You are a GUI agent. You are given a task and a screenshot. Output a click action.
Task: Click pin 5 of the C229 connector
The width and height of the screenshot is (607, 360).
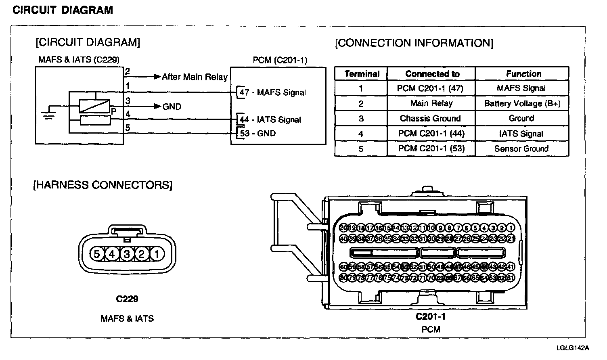pyautogui.click(x=96, y=254)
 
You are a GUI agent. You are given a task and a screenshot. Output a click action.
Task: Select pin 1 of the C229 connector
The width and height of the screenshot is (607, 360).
pyautogui.click(x=157, y=254)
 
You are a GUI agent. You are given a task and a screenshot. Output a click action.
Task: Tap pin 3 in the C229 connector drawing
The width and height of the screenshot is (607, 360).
pyautogui.click(x=126, y=254)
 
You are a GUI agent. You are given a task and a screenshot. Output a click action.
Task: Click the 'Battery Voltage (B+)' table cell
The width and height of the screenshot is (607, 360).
pyautogui.click(x=522, y=103)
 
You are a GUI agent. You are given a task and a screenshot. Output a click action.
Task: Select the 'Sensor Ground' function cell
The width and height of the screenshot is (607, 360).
pyautogui.click(x=521, y=149)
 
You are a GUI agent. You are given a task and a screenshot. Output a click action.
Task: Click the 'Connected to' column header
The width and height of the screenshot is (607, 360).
pyautogui.click(x=432, y=74)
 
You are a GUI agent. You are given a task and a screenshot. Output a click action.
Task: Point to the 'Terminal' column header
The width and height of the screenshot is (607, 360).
pyautogui.click(x=362, y=74)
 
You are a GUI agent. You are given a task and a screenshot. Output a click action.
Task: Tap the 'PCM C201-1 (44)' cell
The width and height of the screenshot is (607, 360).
pyautogui.click(x=431, y=134)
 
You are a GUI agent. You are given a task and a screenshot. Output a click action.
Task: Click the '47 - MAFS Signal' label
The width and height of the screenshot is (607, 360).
pyautogui.click(x=273, y=92)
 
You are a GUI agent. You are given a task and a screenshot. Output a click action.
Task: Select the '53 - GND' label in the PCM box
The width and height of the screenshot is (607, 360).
pyautogui.click(x=258, y=133)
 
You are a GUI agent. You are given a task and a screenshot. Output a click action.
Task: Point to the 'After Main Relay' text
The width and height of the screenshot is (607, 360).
pyautogui.click(x=195, y=77)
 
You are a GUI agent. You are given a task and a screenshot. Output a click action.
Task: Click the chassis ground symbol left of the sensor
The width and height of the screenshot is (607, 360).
pyautogui.click(x=50, y=114)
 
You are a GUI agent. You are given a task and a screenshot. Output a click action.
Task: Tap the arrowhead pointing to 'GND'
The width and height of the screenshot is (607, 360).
pyautogui.click(x=158, y=107)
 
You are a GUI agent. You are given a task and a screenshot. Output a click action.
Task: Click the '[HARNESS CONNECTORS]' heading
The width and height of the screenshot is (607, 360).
pyautogui.click(x=103, y=185)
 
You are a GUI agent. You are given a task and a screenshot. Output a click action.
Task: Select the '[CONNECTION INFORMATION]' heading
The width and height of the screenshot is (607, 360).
pyautogui.click(x=414, y=43)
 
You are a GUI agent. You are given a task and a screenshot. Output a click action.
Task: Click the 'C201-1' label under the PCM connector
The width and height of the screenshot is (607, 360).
pyautogui.click(x=431, y=316)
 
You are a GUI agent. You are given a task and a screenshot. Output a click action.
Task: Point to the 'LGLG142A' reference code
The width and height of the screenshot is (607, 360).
pyautogui.click(x=572, y=347)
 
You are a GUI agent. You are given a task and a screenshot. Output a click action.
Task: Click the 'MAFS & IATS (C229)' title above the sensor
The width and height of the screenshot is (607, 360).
pyautogui.click(x=79, y=60)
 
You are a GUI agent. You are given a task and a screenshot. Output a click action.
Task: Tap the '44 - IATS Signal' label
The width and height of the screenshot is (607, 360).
pyautogui.click(x=270, y=119)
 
